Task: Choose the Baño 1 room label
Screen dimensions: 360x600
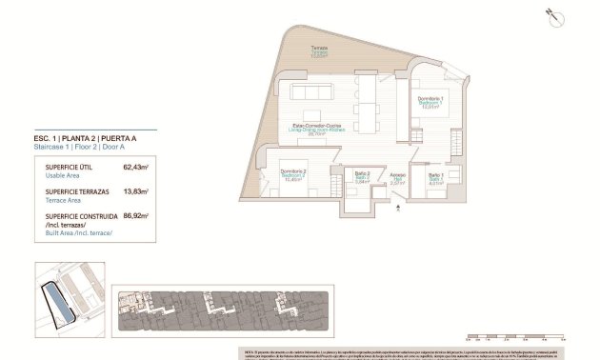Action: pyautogui.click(x=435, y=177)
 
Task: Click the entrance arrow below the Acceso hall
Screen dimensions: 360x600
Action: pyautogui.click(x=398, y=202)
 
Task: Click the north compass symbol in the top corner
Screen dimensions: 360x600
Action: pyautogui.click(x=549, y=14)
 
